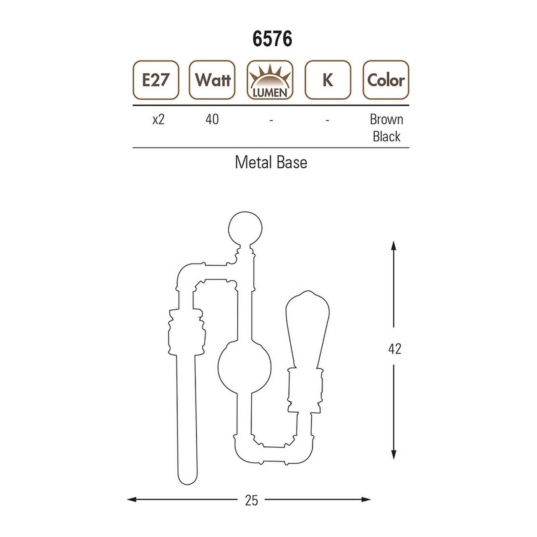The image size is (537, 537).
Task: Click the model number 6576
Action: (x=272, y=39)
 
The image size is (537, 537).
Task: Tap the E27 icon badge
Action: (x=156, y=80)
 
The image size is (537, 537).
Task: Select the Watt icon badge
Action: (x=212, y=80)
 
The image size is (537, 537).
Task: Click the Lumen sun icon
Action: (x=270, y=80)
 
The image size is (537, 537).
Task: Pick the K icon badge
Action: (x=328, y=80)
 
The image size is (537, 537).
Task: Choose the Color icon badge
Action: (x=386, y=80)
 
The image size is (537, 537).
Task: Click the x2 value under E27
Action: (x=159, y=120)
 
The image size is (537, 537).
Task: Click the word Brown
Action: (x=386, y=120)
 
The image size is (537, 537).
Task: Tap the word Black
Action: (x=386, y=136)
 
